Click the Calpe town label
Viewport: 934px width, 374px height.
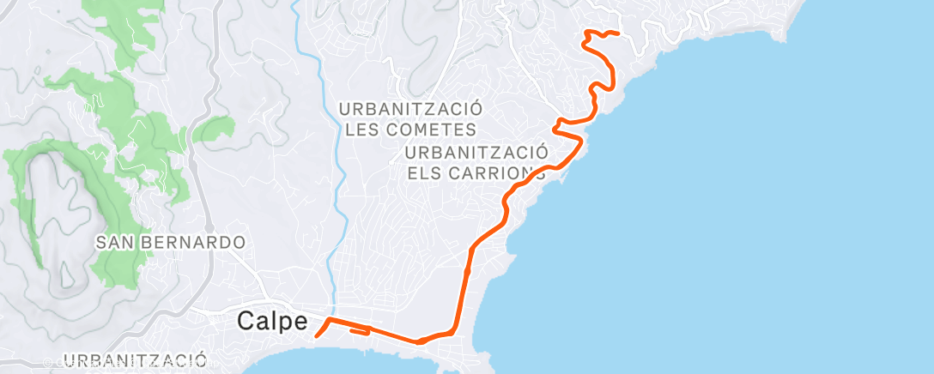click(272, 322)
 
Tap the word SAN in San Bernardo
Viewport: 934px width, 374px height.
click(114, 243)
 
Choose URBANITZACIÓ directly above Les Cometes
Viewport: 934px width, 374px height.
click(410, 109)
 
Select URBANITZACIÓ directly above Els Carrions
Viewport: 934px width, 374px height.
click(476, 152)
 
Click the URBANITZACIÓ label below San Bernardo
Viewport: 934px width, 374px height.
click(136, 359)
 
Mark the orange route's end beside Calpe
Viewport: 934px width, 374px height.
click(317, 336)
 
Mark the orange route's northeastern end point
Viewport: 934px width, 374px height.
click(617, 33)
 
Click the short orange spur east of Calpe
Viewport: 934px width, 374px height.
click(361, 331)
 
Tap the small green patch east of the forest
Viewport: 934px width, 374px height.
click(215, 129)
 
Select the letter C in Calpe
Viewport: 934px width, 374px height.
click(246, 322)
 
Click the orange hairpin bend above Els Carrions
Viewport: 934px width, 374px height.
click(560, 127)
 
